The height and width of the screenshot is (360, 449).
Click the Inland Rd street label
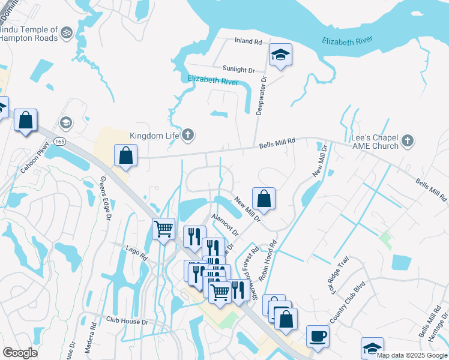coord(248,42)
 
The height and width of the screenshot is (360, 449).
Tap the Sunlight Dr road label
coord(239,70)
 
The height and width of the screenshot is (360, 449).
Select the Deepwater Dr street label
coord(261,95)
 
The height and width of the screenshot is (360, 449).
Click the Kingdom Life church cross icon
coord(188,135)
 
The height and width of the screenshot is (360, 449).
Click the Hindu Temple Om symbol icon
coord(67,30)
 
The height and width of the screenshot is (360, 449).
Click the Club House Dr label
coord(127,322)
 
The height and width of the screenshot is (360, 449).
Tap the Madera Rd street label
coord(94,334)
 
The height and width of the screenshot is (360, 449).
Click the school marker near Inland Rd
coord(280,55)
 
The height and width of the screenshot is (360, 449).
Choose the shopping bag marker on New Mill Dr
coord(264,197)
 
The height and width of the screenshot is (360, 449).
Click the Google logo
coord(20,353)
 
